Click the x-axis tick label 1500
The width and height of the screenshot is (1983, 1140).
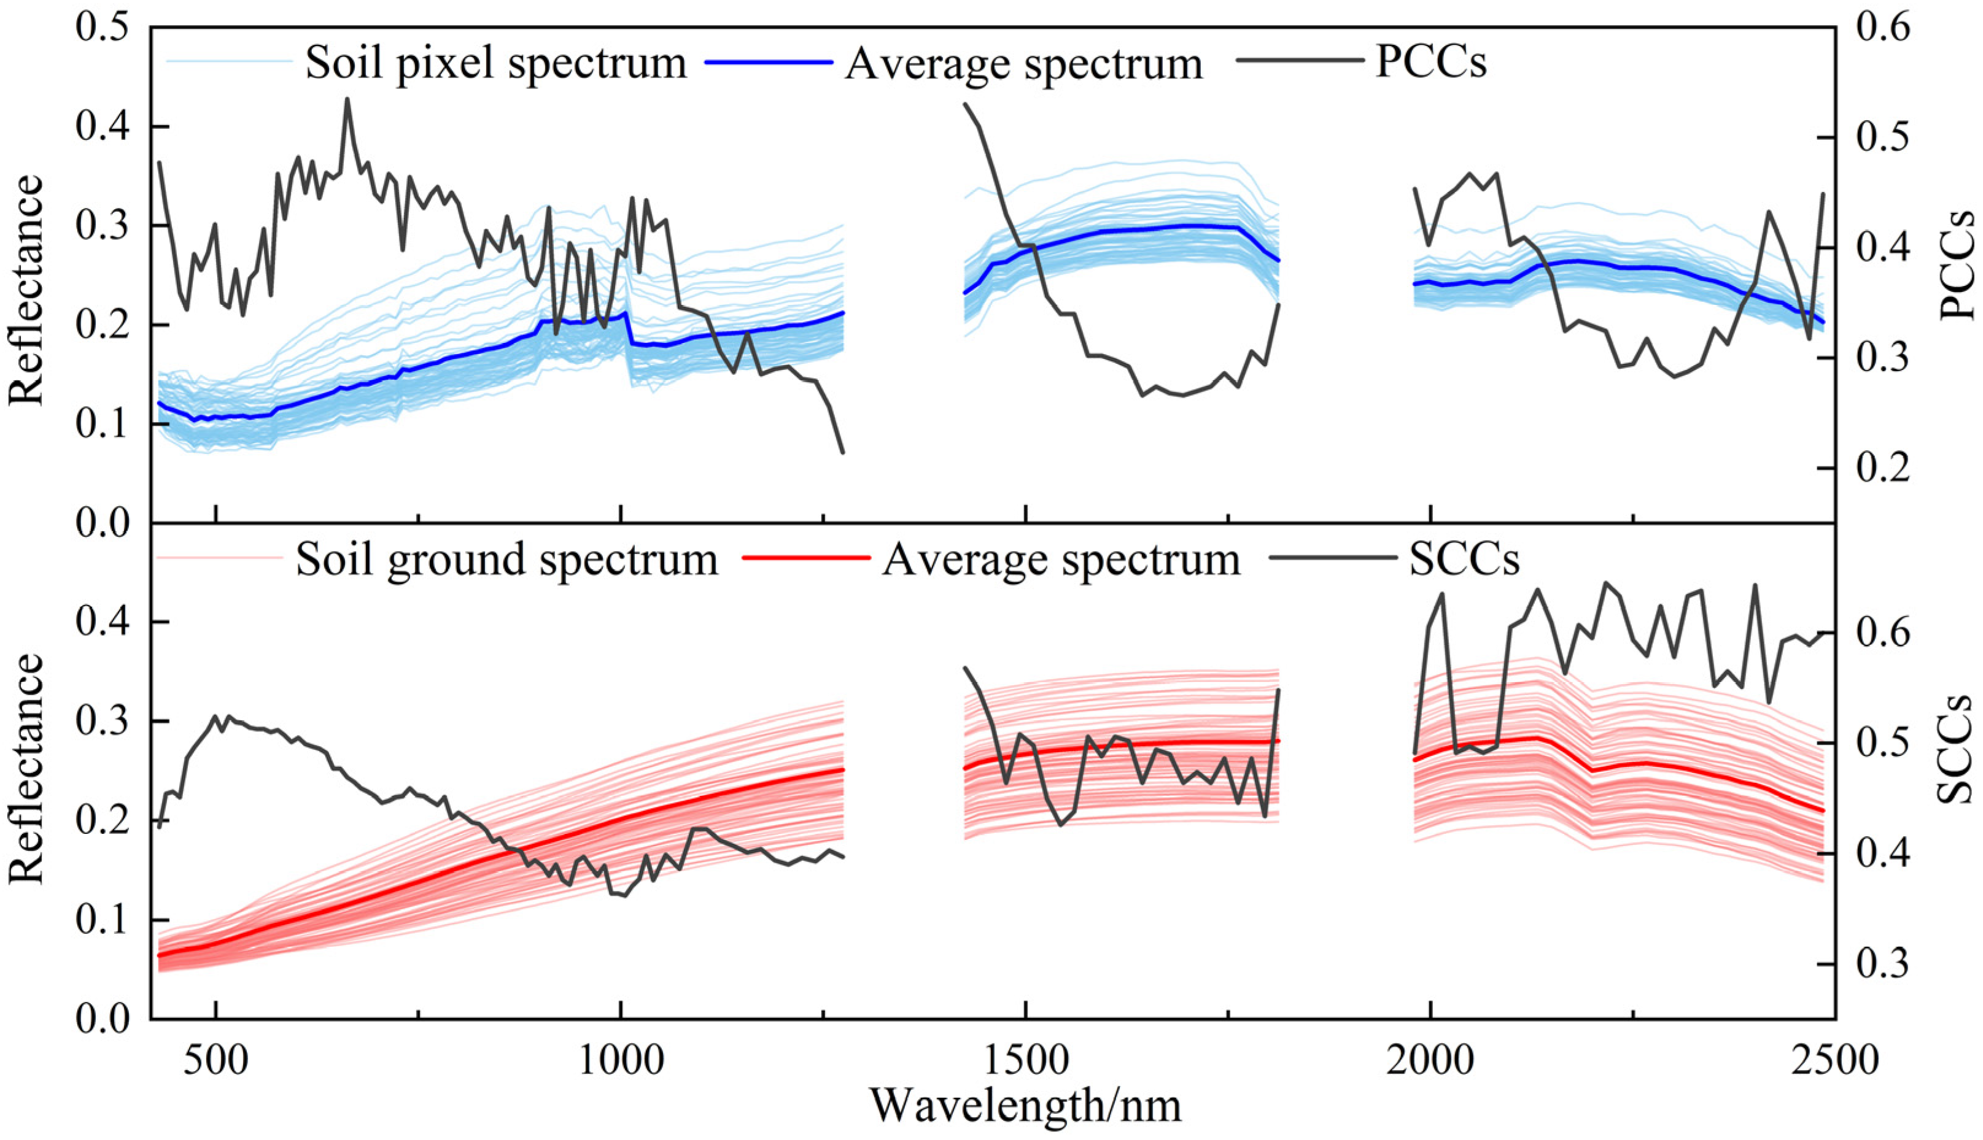(x=1025, y=1060)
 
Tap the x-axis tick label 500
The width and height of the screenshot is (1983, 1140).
(x=215, y=1060)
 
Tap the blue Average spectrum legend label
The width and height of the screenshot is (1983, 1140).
(x=1023, y=64)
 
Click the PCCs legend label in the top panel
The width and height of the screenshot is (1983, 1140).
(x=1430, y=63)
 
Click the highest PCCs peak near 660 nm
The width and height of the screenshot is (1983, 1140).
(x=347, y=99)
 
